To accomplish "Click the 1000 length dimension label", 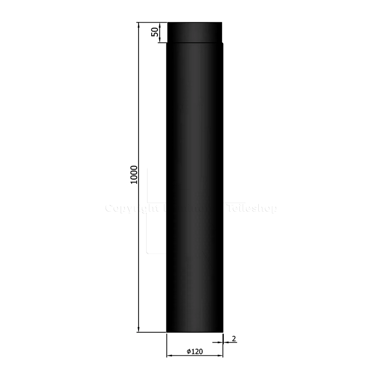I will click(134, 174).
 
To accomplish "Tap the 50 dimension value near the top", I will click(154, 32).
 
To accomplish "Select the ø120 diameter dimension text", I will click(194, 352).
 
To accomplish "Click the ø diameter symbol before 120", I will click(188, 352).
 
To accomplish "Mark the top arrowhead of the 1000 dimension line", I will click(139, 25).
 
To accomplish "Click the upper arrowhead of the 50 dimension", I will click(161, 25).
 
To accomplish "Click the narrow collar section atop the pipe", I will click(195, 32).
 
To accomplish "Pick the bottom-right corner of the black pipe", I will click(222, 332).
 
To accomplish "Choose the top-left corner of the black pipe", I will click(167, 23).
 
